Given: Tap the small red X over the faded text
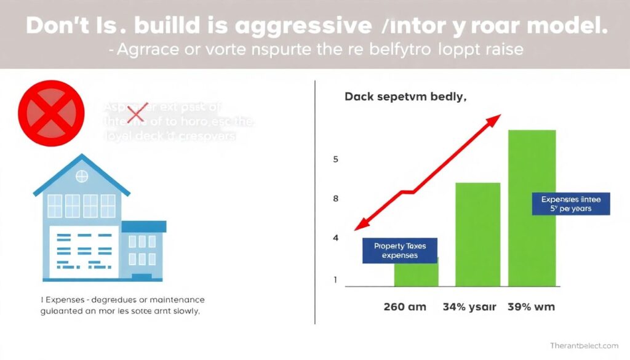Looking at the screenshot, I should coord(135,113).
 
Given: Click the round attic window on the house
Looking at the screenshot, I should coord(81,177).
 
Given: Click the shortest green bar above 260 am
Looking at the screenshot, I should coord(417,274).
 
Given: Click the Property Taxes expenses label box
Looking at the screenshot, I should coord(399,250).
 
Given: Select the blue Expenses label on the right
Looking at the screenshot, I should coord(570,204).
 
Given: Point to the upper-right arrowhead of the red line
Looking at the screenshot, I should coord(495,120).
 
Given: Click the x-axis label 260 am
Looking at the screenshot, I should coord(405,306).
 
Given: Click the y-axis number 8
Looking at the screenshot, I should coord(336,199).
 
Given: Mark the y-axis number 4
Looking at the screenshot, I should coord(336,238).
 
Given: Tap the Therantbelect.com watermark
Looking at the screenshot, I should coord(584,346).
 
